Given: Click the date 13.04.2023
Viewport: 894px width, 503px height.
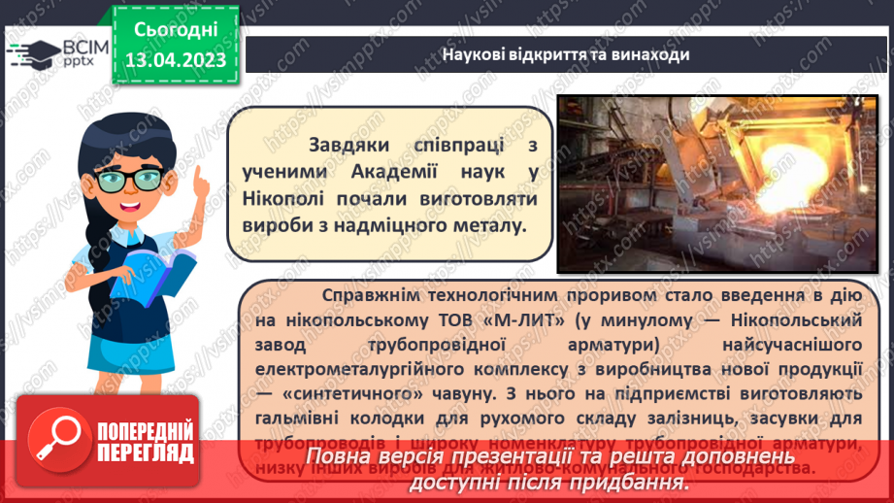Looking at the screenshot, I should (x=175, y=60).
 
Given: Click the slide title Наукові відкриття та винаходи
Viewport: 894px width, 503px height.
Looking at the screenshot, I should (x=566, y=54).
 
